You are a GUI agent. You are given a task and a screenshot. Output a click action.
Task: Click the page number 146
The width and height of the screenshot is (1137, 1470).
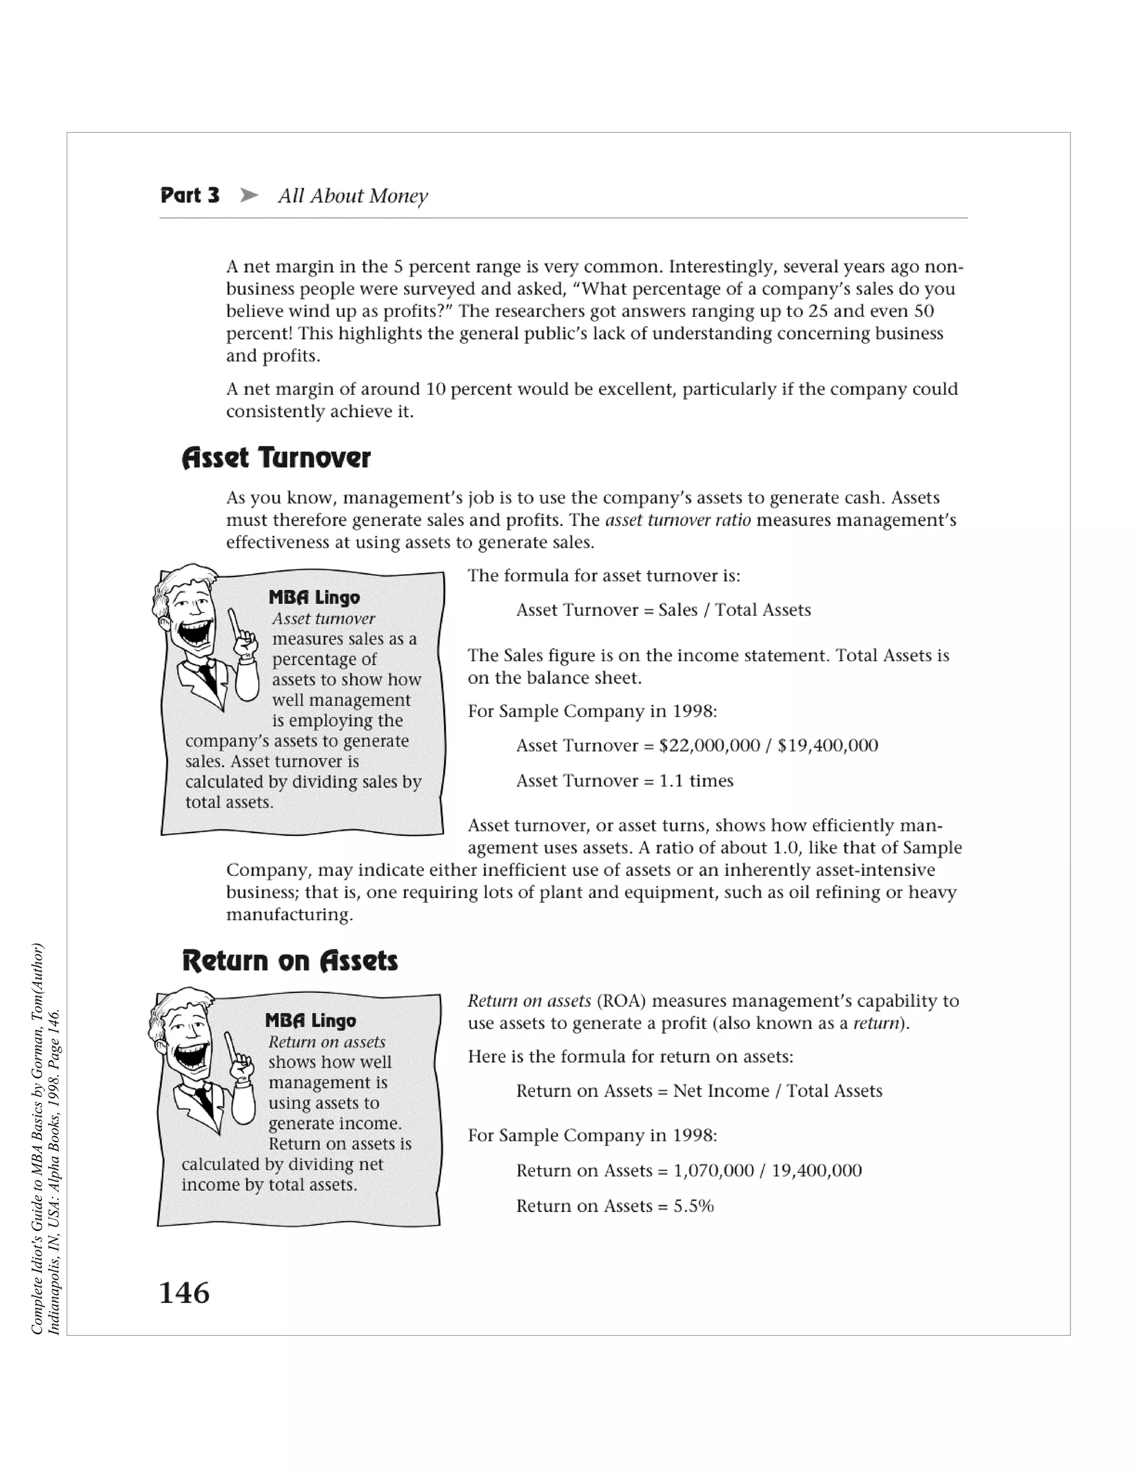184,1293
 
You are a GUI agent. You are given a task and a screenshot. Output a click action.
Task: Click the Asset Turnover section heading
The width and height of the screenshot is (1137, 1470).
276,458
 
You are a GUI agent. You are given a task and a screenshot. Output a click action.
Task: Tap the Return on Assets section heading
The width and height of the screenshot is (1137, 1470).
290,960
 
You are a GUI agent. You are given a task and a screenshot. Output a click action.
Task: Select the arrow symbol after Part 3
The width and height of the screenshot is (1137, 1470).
249,196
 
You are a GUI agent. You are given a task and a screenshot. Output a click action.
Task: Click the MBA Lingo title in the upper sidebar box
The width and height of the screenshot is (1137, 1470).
314,597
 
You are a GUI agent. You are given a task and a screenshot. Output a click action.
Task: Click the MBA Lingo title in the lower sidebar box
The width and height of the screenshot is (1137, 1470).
310,1021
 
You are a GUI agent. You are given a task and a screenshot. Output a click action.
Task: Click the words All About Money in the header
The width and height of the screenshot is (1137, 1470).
353,196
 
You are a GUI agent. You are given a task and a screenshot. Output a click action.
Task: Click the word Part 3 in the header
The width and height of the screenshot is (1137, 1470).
190,196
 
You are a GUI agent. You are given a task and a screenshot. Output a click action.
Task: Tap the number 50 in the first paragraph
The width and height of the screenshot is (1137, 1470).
923,311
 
